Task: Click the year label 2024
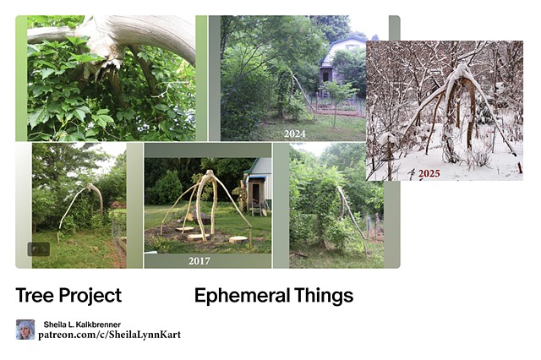[294, 134]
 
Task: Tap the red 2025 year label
[429, 173]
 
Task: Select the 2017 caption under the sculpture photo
[199, 261]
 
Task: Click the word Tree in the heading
[34, 296]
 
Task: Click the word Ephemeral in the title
[241, 296]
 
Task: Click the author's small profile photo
[25, 330]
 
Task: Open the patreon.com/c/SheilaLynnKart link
[109, 335]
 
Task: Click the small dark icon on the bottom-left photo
[38, 249]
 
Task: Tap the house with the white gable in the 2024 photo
[343, 59]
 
